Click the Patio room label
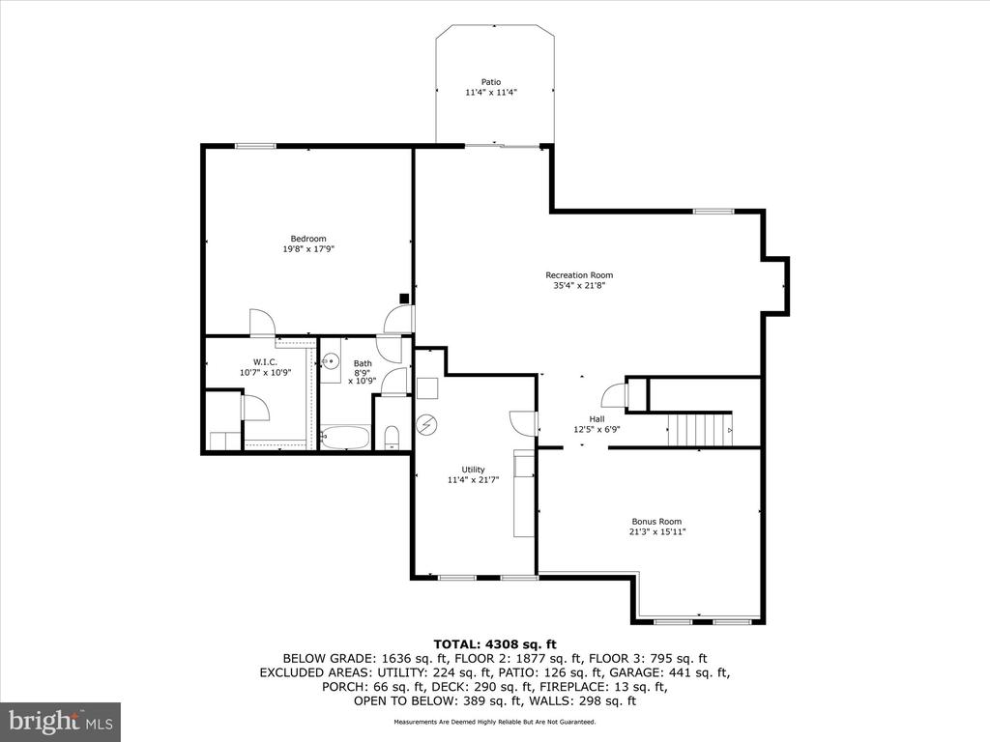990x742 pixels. [492, 82]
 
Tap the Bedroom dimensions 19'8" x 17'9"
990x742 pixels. [309, 249]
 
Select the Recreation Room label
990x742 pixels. [579, 275]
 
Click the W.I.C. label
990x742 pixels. [266, 362]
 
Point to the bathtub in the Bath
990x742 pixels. [344, 438]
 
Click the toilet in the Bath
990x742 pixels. [392, 439]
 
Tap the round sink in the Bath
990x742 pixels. [331, 362]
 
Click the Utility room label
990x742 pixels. [459, 470]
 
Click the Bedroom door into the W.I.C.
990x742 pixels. [261, 323]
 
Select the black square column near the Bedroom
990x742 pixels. [403, 299]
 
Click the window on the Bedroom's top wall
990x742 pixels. [255, 146]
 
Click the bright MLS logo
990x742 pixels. [60, 720]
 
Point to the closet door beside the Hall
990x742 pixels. [613, 395]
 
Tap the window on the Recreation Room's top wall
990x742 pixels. [713, 211]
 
